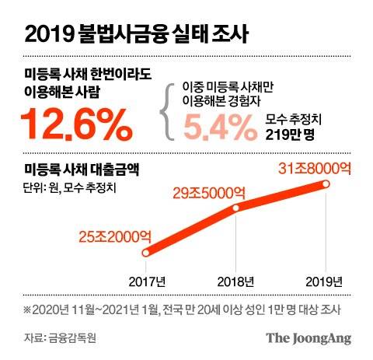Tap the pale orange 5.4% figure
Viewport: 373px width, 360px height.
click(218, 125)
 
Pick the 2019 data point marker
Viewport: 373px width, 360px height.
click(326, 184)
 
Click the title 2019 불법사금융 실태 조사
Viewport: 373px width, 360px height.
click(137, 34)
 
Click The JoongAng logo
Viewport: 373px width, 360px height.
click(309, 338)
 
